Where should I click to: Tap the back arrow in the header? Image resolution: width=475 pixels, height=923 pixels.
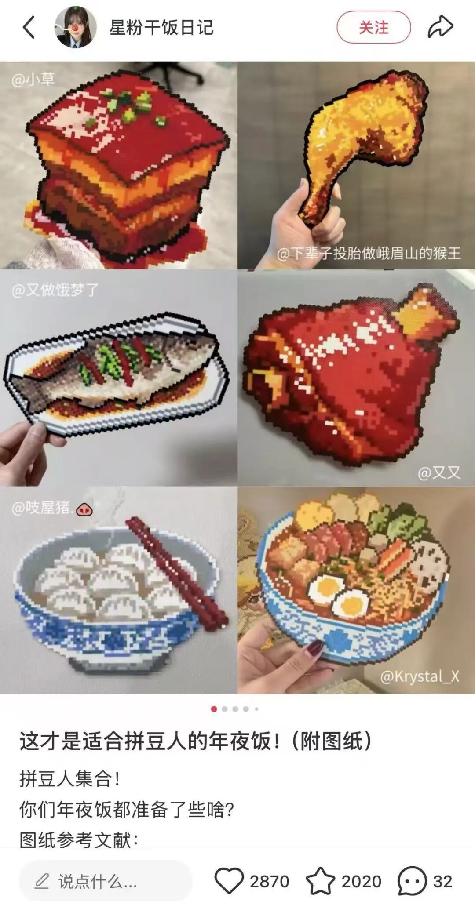click(x=29, y=27)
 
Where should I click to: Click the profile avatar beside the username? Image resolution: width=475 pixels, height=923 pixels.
click(x=75, y=27)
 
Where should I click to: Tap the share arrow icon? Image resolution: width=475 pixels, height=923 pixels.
click(x=440, y=27)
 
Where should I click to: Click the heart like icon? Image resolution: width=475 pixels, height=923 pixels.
click(x=229, y=881)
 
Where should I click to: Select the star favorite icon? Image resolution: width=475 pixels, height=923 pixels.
click(x=321, y=881)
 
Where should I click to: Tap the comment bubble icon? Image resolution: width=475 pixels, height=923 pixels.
click(x=412, y=881)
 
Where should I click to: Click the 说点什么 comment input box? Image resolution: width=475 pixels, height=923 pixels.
click(x=106, y=881)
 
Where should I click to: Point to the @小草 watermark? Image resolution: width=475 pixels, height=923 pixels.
click(x=33, y=80)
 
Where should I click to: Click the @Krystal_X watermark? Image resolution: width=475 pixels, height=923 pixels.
click(x=420, y=676)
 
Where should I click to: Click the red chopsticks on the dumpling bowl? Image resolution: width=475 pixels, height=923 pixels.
click(x=176, y=571)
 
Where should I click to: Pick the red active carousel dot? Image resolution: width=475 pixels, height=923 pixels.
click(x=214, y=709)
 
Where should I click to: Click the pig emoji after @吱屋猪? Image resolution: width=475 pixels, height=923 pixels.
click(x=84, y=510)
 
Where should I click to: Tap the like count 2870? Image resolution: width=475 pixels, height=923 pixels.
click(x=269, y=881)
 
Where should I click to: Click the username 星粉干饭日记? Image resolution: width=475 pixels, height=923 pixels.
click(x=161, y=27)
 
